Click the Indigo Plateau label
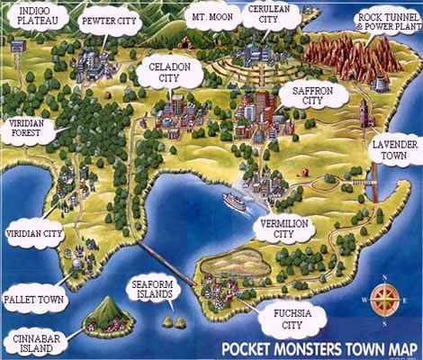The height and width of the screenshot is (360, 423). [x=31, y=17]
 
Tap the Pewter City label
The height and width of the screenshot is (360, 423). [x=109, y=21]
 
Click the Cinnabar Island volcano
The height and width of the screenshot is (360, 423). [x=105, y=312]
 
